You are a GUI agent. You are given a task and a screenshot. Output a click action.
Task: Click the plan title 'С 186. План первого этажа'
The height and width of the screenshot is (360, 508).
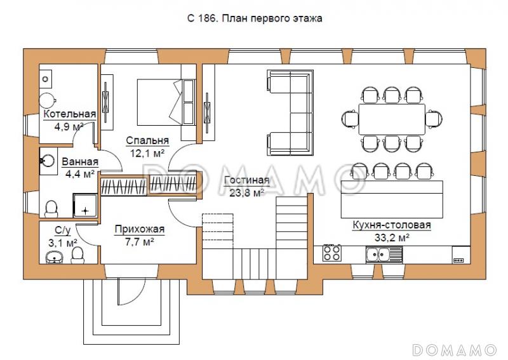pyautogui.click(x=255, y=18)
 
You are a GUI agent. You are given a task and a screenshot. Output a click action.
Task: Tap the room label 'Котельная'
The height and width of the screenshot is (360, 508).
pyautogui.click(x=70, y=114)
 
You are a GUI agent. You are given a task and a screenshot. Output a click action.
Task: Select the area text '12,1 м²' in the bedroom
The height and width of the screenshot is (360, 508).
pyautogui.click(x=147, y=153)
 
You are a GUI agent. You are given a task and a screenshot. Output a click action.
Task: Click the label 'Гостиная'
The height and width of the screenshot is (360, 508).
pyautogui.click(x=247, y=180)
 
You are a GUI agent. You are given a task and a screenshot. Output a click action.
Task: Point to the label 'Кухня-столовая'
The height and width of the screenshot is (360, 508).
pyautogui.click(x=392, y=225)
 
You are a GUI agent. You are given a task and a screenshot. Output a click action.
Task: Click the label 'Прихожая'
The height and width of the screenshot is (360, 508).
pyautogui.click(x=140, y=229)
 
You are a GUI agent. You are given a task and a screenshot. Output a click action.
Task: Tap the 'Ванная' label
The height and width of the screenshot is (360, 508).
pyautogui.click(x=80, y=162)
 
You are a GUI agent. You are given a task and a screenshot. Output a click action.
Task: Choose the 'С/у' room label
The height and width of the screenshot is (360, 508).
pyautogui.click(x=62, y=230)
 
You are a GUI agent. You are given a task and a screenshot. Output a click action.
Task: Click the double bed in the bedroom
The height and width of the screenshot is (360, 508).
pyautogui.click(x=165, y=102)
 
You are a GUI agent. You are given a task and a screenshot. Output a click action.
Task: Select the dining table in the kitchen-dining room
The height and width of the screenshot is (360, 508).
pyautogui.click(x=392, y=119)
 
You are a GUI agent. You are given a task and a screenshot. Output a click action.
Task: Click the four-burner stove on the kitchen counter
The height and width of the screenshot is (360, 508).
pyautogui.click(x=332, y=253)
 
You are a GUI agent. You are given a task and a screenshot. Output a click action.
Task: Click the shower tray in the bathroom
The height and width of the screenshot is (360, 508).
pyautogui.click(x=85, y=206)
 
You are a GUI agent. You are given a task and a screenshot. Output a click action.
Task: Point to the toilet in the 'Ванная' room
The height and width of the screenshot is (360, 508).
pyautogui.click(x=51, y=210)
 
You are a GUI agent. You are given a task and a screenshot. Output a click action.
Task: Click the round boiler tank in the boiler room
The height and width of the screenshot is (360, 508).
pyautogui.click(x=48, y=100)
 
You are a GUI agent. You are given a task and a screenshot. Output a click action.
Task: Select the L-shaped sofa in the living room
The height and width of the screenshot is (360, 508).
pyautogui.click(x=290, y=112)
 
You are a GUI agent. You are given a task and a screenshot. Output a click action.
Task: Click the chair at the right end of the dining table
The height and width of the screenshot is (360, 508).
pyautogui.click(x=434, y=119)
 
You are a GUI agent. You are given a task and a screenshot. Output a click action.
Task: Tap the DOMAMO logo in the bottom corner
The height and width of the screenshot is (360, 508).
pyautogui.click(x=454, y=350)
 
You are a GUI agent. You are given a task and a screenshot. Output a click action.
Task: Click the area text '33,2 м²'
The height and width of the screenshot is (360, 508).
pyautogui.click(x=392, y=238)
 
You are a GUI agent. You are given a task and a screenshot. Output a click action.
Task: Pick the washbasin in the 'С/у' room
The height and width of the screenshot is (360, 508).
pyautogui.click(x=55, y=257)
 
